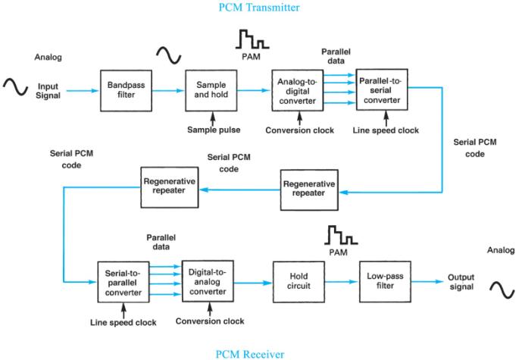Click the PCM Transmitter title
pos(260,8)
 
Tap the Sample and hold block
pos(208,89)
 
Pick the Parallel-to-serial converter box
pos(383,89)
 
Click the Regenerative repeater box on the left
pos(169,183)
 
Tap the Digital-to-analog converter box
pos(207,280)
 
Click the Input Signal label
pos(48,90)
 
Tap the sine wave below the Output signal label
pos(501,289)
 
